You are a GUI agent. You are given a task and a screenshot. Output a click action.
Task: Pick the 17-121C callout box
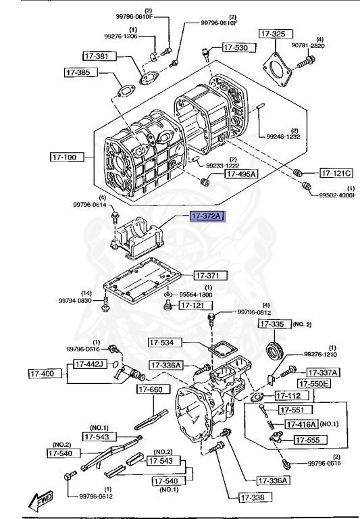point(336,173)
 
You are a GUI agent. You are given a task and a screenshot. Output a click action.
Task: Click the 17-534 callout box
point(166,343)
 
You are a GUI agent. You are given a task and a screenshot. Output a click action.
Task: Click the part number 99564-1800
point(196,295)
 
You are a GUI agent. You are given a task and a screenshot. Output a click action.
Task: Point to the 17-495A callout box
point(241,174)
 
